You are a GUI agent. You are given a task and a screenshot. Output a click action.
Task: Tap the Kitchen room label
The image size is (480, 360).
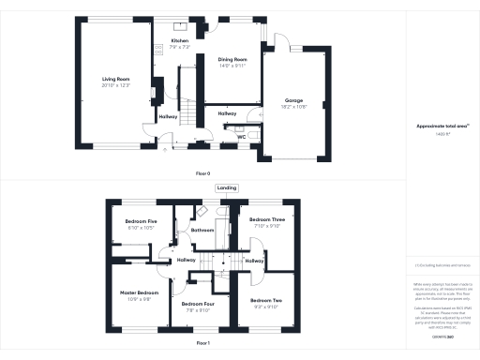tap(179, 41)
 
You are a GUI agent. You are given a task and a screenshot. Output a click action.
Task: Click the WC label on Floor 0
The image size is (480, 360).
tap(242, 137)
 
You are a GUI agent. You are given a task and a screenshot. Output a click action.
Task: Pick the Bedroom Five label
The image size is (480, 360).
tap(141, 221)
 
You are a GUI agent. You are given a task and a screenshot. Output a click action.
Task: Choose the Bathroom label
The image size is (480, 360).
tap(203, 230)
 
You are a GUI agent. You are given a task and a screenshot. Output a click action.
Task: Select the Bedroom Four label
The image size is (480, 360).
tap(197, 304)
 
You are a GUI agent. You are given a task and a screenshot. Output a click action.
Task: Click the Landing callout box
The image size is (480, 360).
tap(227, 188)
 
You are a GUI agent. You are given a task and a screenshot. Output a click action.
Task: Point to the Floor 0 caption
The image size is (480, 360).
tap(202, 174)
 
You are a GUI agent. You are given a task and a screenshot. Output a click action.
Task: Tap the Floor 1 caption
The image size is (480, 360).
tap(202, 344)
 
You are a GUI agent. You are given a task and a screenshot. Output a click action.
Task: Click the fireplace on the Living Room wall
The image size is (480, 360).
tap(159, 91)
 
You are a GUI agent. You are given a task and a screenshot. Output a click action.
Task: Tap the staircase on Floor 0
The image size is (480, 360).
tap(187, 114)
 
